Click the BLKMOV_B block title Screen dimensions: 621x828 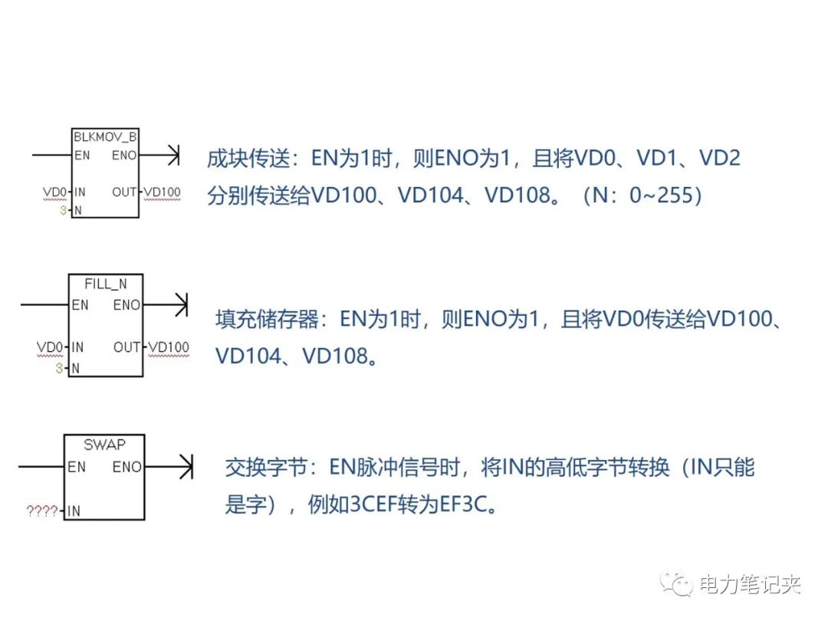coord(105,138)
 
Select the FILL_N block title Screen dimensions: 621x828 coord(106,284)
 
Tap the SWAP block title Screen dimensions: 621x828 coord(105,445)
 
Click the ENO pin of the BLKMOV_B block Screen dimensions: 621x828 coord(124,156)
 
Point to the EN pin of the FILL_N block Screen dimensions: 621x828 coord(80,305)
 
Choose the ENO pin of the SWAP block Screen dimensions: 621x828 coord(127,466)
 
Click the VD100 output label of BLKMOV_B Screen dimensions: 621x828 coord(162,192)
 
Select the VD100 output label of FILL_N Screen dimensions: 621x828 coord(169,347)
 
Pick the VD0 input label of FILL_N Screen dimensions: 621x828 coord(50,347)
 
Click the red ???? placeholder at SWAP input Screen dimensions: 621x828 coord(42,511)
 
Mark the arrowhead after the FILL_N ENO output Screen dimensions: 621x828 coord(181,305)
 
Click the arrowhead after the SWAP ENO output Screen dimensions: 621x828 coord(186,466)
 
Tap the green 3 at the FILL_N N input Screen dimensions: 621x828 coord(58,369)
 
